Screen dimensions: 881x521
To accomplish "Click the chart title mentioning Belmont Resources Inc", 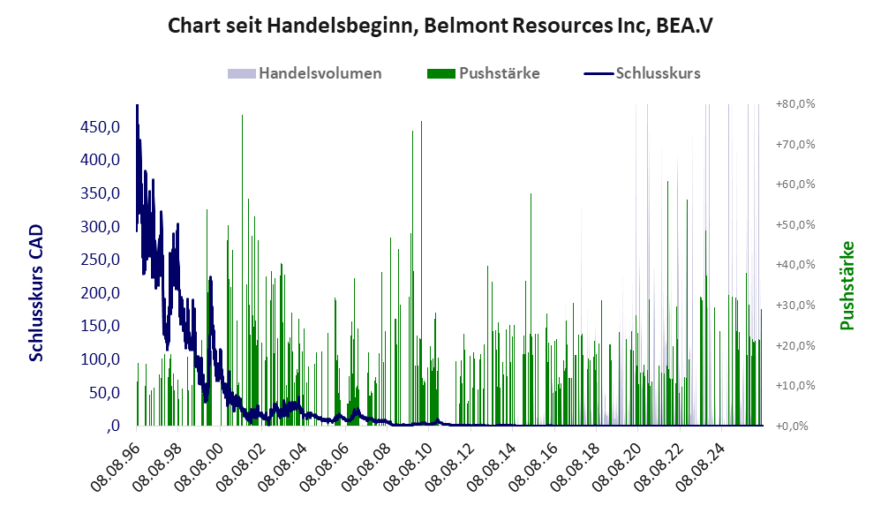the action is [440, 26].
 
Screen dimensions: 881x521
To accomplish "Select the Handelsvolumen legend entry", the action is [305, 73].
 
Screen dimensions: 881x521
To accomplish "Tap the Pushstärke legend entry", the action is [484, 73].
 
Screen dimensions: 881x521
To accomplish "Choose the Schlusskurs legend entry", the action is [642, 73].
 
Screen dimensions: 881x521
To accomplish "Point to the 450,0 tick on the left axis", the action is [100, 127].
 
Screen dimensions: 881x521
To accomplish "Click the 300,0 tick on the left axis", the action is [100, 226].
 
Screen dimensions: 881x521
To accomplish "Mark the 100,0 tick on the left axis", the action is [100, 359].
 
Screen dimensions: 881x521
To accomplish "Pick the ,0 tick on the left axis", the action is [112, 426].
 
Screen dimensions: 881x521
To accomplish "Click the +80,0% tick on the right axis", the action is [795, 104].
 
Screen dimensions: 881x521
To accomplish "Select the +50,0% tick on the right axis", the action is [795, 225].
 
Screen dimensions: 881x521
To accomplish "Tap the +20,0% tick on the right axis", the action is [795, 345].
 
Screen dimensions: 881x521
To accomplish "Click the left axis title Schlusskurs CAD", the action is [36, 292].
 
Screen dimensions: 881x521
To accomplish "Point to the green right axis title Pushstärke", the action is [847, 285].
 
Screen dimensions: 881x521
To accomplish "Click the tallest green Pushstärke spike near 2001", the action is [242, 270].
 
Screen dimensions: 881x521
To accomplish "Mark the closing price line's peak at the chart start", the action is [137, 105].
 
